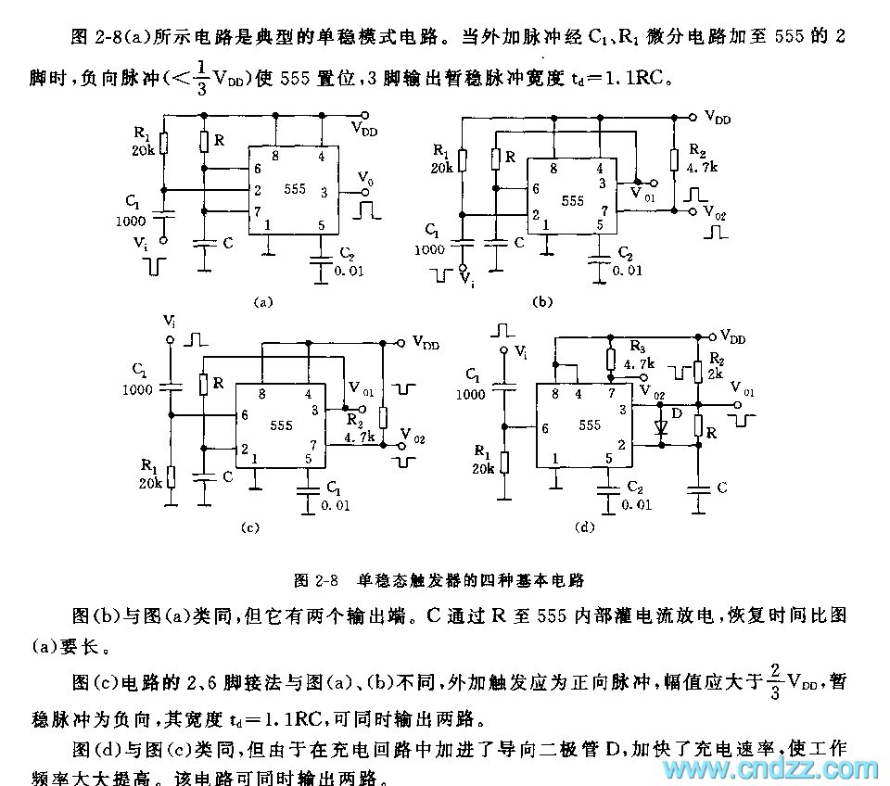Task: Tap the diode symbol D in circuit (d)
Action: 660,429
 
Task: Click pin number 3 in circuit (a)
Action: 324,193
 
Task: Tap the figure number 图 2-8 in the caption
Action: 313,581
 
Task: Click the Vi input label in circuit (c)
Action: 169,321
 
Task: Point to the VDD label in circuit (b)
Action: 717,117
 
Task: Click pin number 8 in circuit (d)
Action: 555,393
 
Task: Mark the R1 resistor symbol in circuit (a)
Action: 163,144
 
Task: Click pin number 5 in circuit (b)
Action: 601,224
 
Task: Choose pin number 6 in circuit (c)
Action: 245,414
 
